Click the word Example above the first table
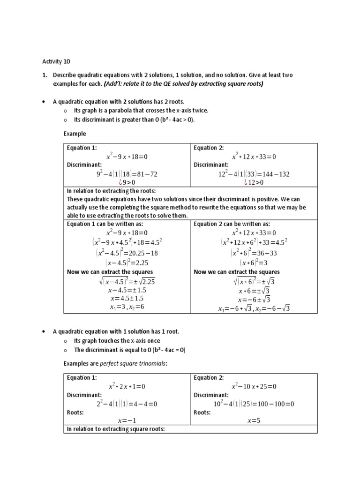(x=75, y=134)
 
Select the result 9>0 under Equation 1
(x=127, y=182)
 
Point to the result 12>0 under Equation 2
(x=254, y=182)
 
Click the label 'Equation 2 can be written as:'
(x=232, y=224)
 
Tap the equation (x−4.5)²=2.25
(x=127, y=262)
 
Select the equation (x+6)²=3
(x=254, y=262)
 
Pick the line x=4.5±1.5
(x=127, y=298)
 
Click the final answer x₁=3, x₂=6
(x=127, y=307)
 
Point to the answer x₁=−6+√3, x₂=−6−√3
(x=254, y=308)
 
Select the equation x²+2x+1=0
(x=127, y=386)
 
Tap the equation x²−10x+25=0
(x=254, y=386)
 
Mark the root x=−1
(x=127, y=420)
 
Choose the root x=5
(x=254, y=420)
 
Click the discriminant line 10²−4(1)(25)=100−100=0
(x=254, y=404)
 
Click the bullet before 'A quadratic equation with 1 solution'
(x=44, y=331)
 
